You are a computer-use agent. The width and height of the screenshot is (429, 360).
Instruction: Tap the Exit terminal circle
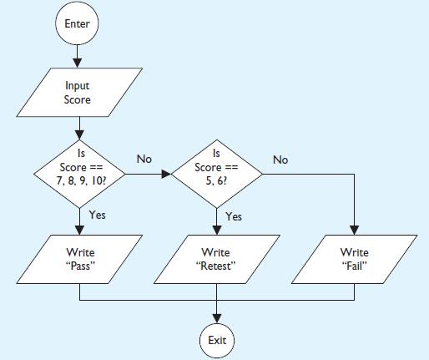(x=217, y=340)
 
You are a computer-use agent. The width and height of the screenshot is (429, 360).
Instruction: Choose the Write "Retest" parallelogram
(x=217, y=259)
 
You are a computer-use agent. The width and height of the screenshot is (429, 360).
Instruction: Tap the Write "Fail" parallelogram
(x=354, y=259)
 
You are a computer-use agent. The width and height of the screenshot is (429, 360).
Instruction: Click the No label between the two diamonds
(x=144, y=158)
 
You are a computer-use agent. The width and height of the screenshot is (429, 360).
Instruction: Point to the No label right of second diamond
(x=280, y=158)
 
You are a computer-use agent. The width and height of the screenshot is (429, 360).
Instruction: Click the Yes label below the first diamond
(x=98, y=215)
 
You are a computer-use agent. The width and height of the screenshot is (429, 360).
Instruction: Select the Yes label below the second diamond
(x=235, y=216)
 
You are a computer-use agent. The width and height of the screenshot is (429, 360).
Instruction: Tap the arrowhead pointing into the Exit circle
(x=217, y=317)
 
